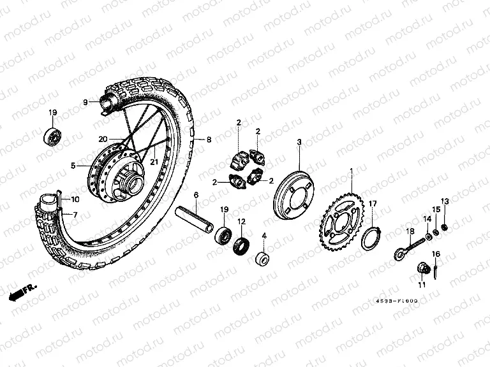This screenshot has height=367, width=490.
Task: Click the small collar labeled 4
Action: pos(262,260)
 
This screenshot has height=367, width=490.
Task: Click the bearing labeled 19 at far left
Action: pos(51,135)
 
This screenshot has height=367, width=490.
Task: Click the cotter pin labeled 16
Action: pos(434,271)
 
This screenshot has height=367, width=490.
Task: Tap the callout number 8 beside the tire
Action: pos(209,139)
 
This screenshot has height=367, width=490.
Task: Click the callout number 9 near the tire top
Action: pos(84,102)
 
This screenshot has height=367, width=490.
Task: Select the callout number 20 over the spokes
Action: pos(102,139)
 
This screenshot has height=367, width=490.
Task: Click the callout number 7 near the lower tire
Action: pos(75,214)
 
